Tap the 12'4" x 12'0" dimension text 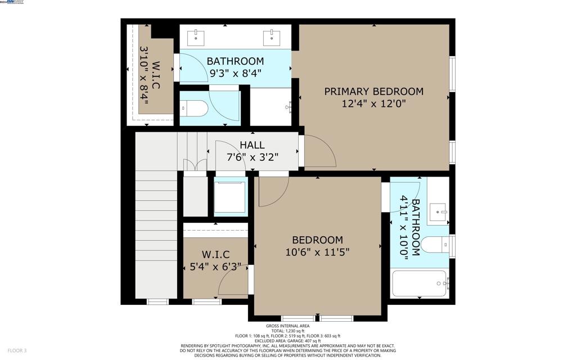tap(373, 103)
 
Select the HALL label tap(252, 145)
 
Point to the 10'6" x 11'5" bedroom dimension tap(317, 252)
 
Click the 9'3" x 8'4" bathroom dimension tap(235, 73)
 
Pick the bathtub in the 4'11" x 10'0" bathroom tap(420, 283)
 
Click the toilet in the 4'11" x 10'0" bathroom tap(436, 244)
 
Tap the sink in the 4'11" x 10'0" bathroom tap(438, 213)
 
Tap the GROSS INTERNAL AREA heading tap(287, 326)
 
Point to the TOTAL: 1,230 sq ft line tap(287, 331)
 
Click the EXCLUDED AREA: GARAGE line tap(287, 341)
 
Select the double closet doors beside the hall tap(195, 166)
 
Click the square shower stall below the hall tap(230, 196)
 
